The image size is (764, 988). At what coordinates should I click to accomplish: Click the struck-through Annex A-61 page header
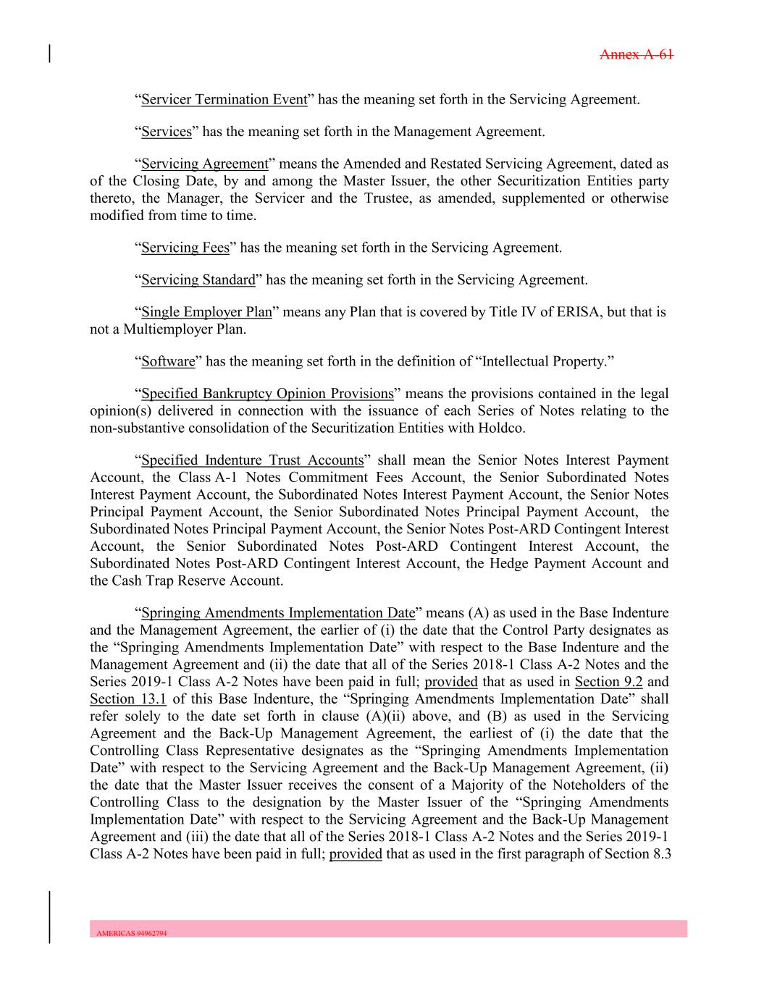click(x=637, y=54)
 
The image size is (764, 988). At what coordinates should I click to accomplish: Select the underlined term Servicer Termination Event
click(x=224, y=99)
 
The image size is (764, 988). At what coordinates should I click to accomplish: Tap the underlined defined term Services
click(x=167, y=132)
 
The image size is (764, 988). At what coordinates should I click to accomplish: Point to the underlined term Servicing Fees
click(x=185, y=248)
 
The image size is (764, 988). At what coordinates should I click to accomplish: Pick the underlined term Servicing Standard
click(x=198, y=280)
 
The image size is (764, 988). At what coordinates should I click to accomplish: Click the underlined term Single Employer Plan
click(x=206, y=313)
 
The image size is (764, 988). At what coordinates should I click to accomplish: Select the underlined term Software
click(x=168, y=361)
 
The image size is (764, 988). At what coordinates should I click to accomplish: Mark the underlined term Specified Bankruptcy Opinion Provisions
click(x=267, y=394)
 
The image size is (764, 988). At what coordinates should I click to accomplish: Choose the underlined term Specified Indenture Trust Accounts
click(x=252, y=460)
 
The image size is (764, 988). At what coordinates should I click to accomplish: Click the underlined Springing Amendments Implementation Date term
click(x=278, y=614)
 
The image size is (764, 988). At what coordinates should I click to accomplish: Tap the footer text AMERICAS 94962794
click(x=132, y=934)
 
